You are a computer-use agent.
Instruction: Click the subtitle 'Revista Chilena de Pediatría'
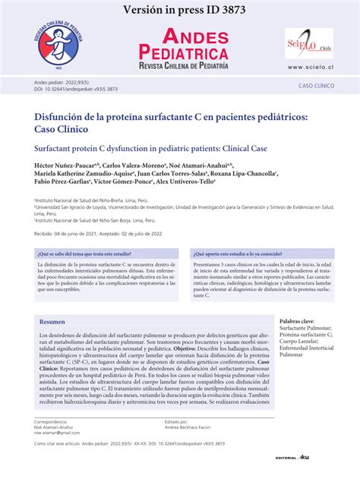click(183, 66)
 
